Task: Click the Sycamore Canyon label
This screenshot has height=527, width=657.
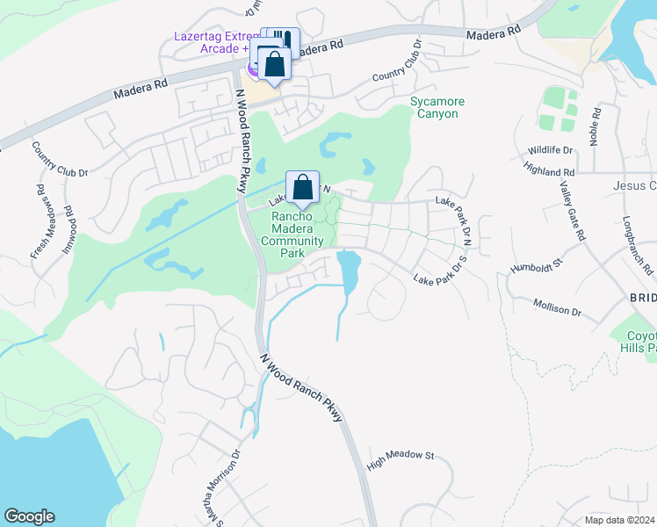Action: (437, 108)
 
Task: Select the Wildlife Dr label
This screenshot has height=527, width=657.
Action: (550, 150)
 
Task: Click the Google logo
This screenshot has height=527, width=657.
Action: (30, 516)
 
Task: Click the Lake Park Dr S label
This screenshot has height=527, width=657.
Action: (444, 273)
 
